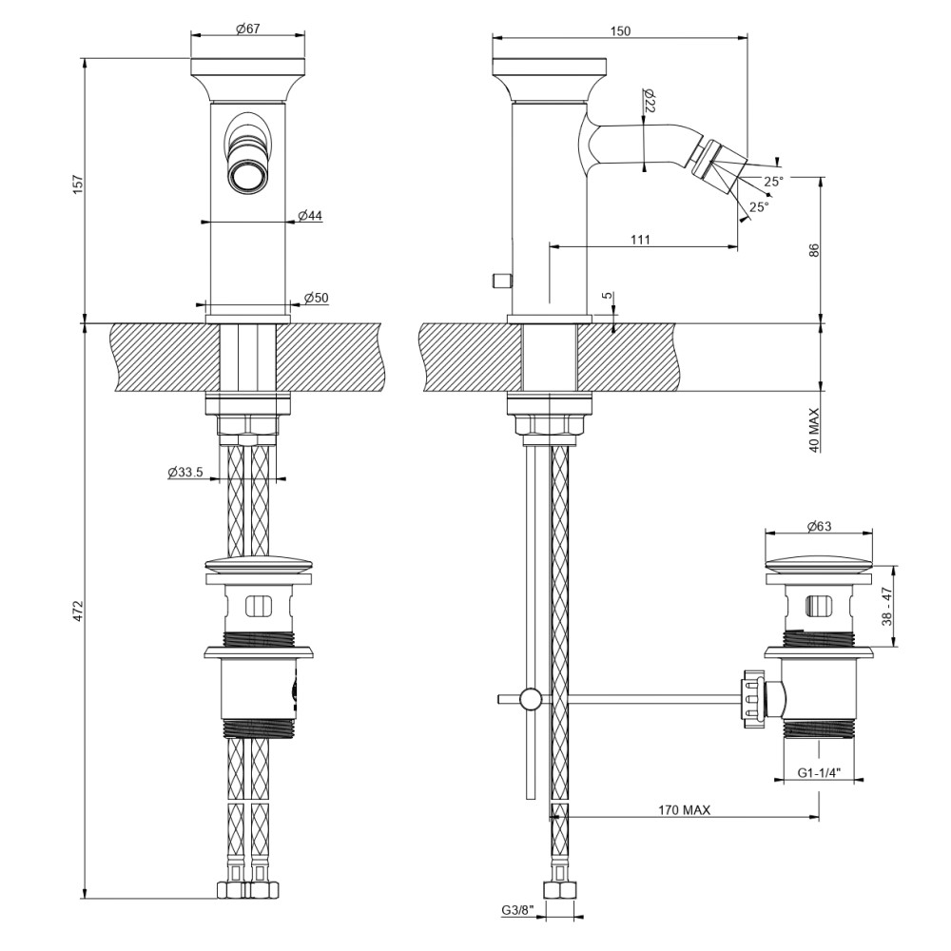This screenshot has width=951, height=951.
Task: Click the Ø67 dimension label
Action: pyautogui.click(x=248, y=29)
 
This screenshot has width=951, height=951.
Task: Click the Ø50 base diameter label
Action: pyautogui.click(x=317, y=299)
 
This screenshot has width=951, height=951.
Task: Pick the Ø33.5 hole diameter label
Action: pyautogui.click(x=185, y=472)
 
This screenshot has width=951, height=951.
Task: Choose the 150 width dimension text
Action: pyautogui.click(x=619, y=30)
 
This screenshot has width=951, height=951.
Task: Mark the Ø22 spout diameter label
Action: pyautogui.click(x=650, y=102)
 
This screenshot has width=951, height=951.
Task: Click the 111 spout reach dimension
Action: pyautogui.click(x=640, y=240)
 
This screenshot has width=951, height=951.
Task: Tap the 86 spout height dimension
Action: pyautogui.click(x=814, y=250)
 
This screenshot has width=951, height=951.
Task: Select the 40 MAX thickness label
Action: pyautogui.click(x=814, y=430)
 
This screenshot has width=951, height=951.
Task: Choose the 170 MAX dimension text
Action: pyautogui.click(x=685, y=810)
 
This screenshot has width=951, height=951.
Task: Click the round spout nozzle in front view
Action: pyautogui.click(x=248, y=176)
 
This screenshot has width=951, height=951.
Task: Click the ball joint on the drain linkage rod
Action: pyautogui.click(x=529, y=700)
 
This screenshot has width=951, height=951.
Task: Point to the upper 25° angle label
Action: pyautogui.click(x=773, y=181)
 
